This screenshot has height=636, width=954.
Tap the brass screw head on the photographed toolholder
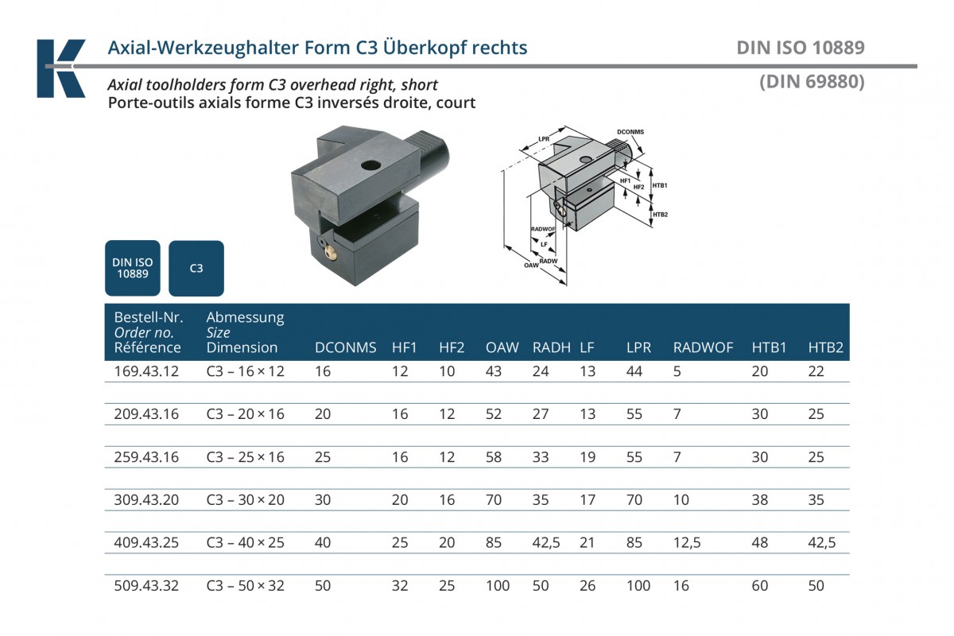click(331, 254)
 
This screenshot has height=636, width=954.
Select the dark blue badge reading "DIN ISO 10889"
click(133, 268)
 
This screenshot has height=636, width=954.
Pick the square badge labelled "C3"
click(196, 268)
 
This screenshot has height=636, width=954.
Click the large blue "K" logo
click(61, 68)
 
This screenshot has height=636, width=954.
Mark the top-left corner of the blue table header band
click(105, 304)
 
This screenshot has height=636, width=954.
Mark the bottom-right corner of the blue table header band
click(850, 360)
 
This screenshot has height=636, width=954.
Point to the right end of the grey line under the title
click(917, 67)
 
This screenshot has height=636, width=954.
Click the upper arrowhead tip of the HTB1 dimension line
click(651, 168)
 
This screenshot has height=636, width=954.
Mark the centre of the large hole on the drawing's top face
click(586, 160)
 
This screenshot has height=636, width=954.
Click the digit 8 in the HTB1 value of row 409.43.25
click(764, 543)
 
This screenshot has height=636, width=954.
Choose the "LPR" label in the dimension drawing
click(544, 139)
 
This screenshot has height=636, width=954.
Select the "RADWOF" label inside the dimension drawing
click(543, 229)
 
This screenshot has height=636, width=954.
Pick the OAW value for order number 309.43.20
click(494, 500)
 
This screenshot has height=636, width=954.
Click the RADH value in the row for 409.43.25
click(546, 543)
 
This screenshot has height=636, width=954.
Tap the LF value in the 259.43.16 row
click(588, 457)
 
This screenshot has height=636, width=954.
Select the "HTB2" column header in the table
click(826, 347)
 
